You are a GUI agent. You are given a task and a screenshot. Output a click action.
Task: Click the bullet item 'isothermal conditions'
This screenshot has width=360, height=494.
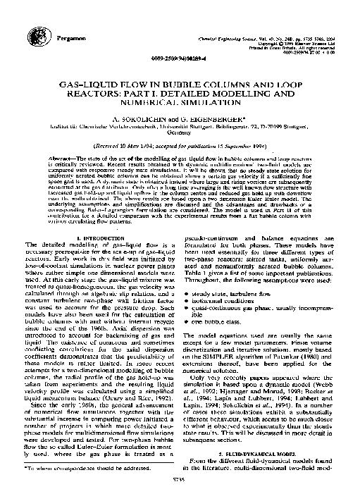click(x=240, y=298)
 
